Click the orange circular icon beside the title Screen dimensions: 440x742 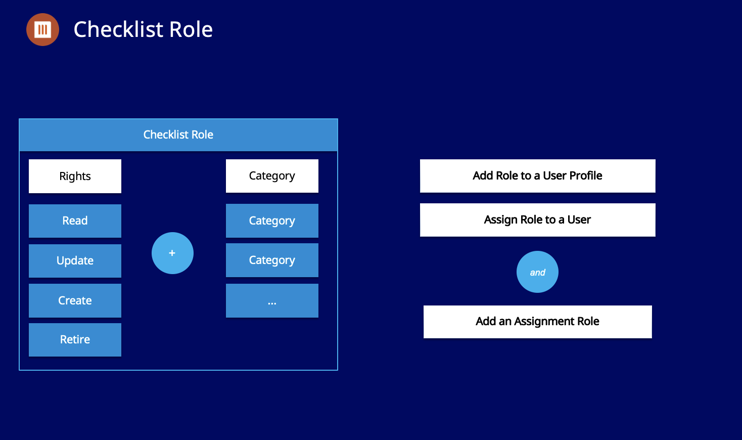click(x=42, y=29)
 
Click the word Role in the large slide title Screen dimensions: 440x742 click(x=191, y=29)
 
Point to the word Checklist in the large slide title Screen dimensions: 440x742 click(x=118, y=29)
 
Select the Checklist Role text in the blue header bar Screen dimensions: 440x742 click(x=178, y=135)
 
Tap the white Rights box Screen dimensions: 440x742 click(x=75, y=176)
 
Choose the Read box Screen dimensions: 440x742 click(x=75, y=221)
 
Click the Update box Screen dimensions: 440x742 click(x=75, y=260)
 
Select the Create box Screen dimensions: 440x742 click(x=75, y=300)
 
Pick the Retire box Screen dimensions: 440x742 click(x=75, y=339)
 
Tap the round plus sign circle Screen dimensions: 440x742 click(x=172, y=253)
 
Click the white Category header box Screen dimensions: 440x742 click(x=272, y=175)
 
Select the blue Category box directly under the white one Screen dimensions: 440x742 click(x=272, y=221)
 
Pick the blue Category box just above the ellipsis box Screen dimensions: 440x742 click(x=272, y=260)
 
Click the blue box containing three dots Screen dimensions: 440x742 click(x=272, y=300)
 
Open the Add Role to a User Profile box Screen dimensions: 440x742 click(x=537, y=175)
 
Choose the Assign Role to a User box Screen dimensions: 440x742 click(x=537, y=219)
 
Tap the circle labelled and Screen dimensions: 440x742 click(x=537, y=272)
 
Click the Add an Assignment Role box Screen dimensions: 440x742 click(x=537, y=321)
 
